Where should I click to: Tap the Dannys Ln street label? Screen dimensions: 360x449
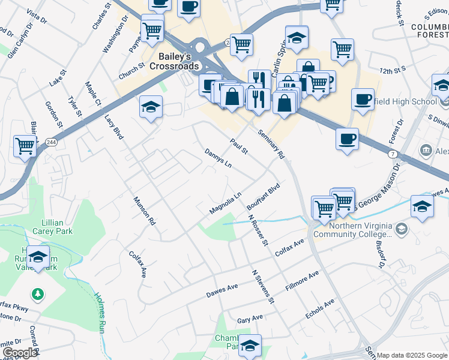pyautogui.click(x=218, y=158)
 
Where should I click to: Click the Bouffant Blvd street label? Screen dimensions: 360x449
pyautogui.click(x=264, y=196)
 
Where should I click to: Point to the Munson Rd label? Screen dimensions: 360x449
pyautogui.click(x=144, y=211)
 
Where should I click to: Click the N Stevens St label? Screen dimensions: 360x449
pyautogui.click(x=263, y=286)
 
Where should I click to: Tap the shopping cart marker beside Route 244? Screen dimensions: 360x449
pyautogui.click(x=25, y=145)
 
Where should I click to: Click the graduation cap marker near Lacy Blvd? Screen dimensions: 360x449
pyautogui.click(x=150, y=107)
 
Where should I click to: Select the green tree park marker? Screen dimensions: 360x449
pyautogui.click(x=38, y=293)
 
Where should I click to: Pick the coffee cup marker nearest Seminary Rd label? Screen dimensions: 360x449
pyautogui.click(x=347, y=140)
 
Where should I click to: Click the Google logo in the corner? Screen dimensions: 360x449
pyautogui.click(x=19, y=352)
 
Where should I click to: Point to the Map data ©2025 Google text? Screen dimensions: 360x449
pyautogui.click(x=412, y=355)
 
